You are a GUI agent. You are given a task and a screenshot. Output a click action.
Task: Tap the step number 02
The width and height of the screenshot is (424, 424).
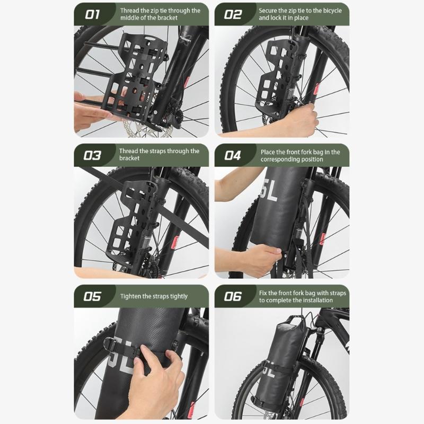point(232,14)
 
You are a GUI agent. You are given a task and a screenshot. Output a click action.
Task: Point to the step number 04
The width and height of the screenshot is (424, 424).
point(233,155)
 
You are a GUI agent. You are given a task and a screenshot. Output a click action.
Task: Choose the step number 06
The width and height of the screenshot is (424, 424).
point(233,296)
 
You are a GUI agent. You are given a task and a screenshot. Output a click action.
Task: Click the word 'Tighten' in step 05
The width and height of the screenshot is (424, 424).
point(131,296)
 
